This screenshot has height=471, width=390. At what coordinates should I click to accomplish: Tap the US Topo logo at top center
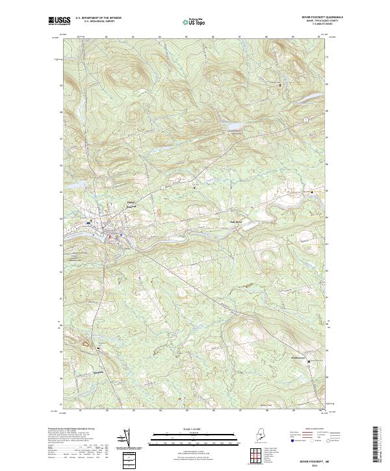click(x=194, y=22)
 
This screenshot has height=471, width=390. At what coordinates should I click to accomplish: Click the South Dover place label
click(x=297, y=357)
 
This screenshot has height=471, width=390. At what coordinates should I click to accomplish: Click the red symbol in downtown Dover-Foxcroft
click(x=109, y=236)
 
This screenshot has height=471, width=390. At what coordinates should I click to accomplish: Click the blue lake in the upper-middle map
click(x=231, y=126)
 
